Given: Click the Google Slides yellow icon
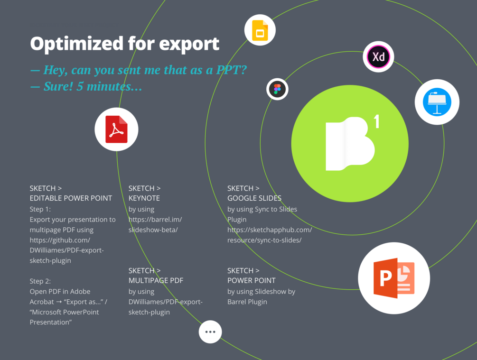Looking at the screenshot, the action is (260, 30).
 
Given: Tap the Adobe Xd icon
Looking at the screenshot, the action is (378, 56).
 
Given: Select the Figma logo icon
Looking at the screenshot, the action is (277, 89).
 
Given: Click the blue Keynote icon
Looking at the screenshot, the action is (437, 102).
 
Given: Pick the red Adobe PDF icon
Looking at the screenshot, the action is (116, 129).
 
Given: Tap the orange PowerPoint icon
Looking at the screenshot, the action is (394, 278).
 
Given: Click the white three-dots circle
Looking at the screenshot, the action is (210, 332).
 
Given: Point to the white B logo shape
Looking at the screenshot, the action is (350, 144).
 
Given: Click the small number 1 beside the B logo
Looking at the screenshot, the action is (376, 121).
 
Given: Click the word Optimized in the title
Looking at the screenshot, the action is (77, 44).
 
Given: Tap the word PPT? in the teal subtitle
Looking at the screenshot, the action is (231, 70).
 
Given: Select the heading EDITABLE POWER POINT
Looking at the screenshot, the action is (71, 198).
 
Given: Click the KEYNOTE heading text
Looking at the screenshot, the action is (144, 198).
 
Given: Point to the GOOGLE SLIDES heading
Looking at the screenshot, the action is (254, 198).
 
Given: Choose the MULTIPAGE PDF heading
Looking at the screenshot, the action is (156, 280).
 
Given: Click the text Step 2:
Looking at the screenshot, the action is (40, 281).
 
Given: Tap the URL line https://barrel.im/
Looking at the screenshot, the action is (155, 220).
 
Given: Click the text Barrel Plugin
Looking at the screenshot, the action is (247, 302).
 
